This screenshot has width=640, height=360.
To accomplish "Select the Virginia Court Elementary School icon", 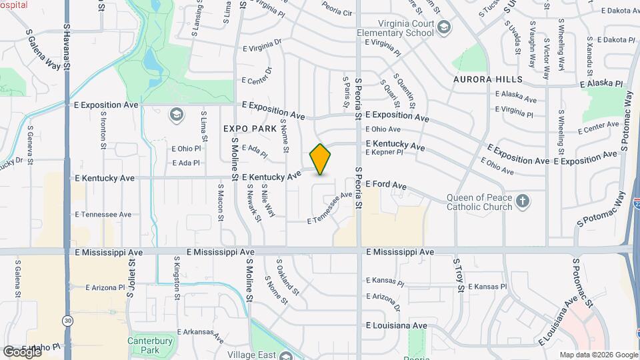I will (x=445, y=28).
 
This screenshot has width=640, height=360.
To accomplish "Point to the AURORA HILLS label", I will (x=488, y=79).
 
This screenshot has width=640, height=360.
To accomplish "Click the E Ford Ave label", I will (x=385, y=184).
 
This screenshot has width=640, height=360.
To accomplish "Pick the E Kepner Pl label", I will (x=385, y=153).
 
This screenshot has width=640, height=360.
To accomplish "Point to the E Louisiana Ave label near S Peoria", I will (x=397, y=325).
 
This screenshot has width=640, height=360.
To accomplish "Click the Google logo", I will (x=21, y=351).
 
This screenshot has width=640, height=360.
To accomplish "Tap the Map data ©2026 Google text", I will (x=598, y=355).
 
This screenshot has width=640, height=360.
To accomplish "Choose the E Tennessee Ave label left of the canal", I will (x=103, y=215).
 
